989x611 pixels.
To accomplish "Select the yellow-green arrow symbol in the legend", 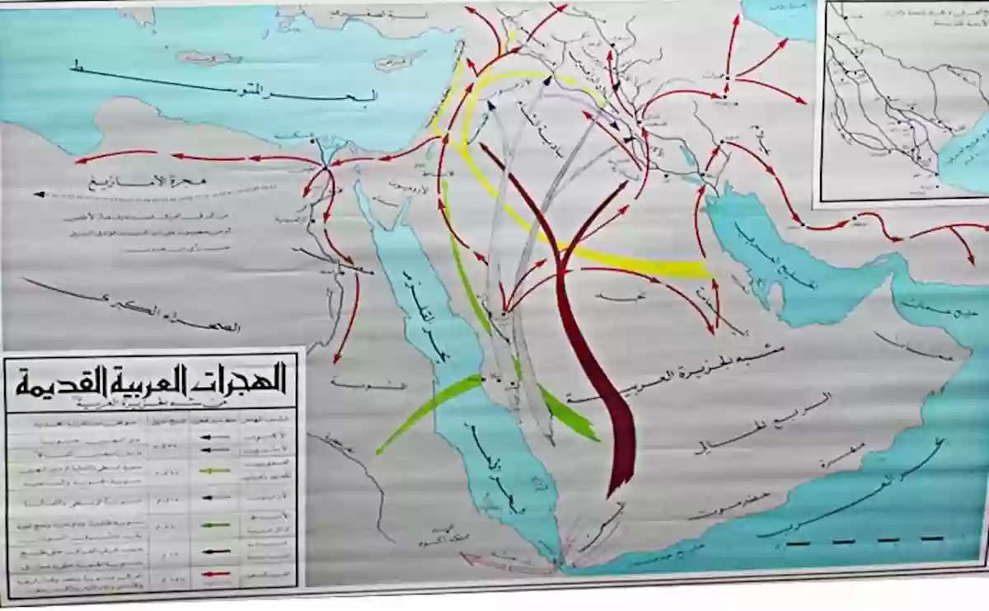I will (x=215, y=469).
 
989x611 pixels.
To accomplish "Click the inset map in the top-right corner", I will (x=902, y=99).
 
